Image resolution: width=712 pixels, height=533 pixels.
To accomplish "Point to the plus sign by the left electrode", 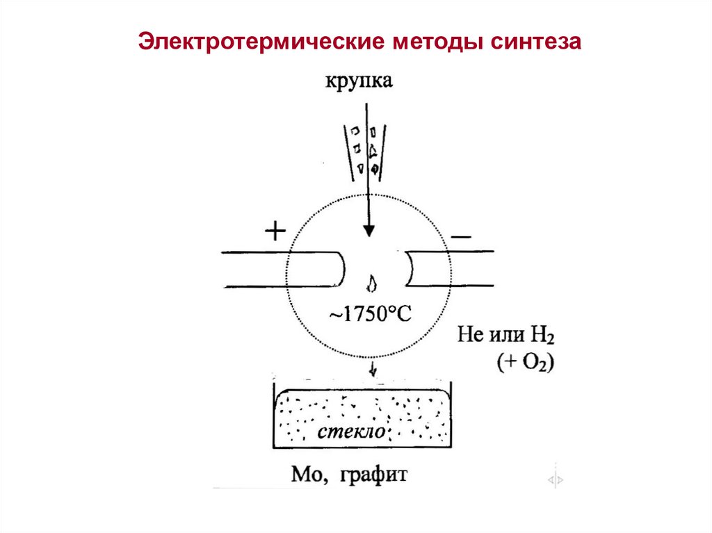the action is (275, 231).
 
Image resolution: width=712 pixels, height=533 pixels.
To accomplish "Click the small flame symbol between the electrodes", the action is (373, 284).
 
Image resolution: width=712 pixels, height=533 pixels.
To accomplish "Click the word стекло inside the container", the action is (352, 432).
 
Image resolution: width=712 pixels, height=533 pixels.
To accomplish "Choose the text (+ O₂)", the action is (525, 363).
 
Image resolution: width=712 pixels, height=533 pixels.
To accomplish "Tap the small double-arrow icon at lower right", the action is (556, 479).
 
